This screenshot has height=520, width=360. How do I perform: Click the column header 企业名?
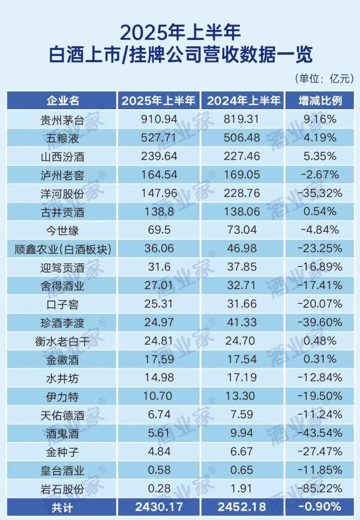click(63, 101)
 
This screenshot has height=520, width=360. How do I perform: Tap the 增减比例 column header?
click(320, 101)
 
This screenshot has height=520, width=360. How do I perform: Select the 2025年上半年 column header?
click(158, 101)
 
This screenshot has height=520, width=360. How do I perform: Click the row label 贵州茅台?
click(63, 119)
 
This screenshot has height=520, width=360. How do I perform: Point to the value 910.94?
click(158, 119)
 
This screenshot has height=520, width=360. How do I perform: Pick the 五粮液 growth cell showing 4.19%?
click(320, 138)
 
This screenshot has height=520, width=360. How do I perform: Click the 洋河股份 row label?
click(63, 193)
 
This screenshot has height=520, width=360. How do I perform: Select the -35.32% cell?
click(320, 193)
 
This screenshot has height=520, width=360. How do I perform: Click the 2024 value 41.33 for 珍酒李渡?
click(243, 323)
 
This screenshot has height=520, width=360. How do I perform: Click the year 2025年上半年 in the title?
click(180, 30)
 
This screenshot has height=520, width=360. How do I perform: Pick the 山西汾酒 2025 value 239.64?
click(158, 156)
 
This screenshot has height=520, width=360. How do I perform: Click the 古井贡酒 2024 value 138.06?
click(243, 212)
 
